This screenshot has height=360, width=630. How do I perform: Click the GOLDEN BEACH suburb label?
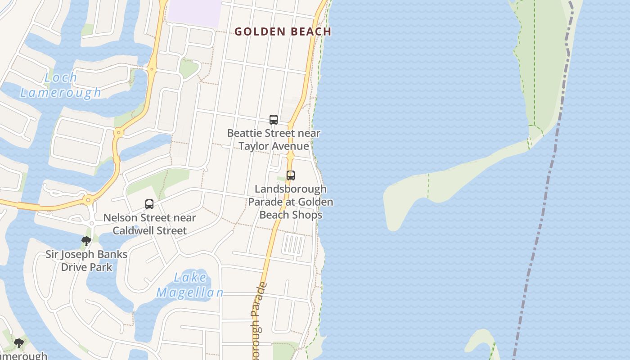[x=283, y=31]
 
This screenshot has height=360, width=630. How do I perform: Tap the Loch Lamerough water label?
[x=61, y=85]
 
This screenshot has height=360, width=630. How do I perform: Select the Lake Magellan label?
[x=190, y=285]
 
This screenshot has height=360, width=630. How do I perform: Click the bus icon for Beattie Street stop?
[x=273, y=120]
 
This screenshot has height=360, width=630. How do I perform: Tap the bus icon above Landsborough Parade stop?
[x=291, y=175]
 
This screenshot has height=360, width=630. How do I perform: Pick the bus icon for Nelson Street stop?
[x=149, y=204]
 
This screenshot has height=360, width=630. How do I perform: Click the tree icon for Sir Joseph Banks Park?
[x=86, y=242]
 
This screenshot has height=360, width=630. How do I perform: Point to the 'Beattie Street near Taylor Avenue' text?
[x=274, y=139]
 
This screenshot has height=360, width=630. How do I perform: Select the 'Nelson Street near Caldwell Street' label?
[x=149, y=224]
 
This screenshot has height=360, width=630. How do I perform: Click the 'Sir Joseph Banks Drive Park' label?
[x=86, y=261]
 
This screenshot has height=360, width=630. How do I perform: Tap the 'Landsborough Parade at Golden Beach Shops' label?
[x=291, y=202]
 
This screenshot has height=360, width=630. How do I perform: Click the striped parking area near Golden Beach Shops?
[x=293, y=245]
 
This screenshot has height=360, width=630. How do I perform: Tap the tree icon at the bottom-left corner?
[x=18, y=344]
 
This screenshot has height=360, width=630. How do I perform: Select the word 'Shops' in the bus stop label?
[x=307, y=215]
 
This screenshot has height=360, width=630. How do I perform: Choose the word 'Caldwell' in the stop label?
[x=131, y=230]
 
